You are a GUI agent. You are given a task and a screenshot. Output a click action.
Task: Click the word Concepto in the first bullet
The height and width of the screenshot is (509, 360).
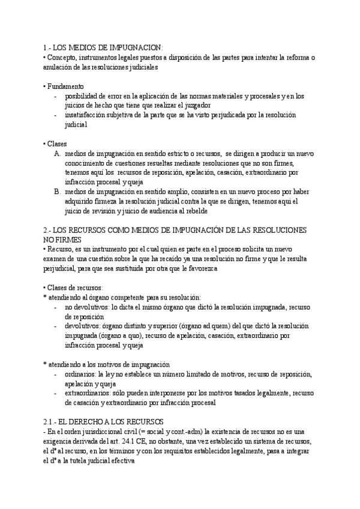pyautogui.click(x=62, y=57)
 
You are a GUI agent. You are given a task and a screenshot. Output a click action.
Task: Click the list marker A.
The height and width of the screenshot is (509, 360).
pyautogui.click(x=57, y=154)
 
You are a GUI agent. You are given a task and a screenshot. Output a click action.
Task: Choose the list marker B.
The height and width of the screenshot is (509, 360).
pyautogui.click(x=57, y=191)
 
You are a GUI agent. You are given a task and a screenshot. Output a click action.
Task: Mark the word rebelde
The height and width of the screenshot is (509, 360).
pyautogui.click(x=196, y=211)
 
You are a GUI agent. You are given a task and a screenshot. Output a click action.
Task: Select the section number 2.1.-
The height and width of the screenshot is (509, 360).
pyautogui.click(x=52, y=422)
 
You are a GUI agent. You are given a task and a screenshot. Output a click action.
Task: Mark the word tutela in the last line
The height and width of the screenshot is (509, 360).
pyautogui.click(x=77, y=460)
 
